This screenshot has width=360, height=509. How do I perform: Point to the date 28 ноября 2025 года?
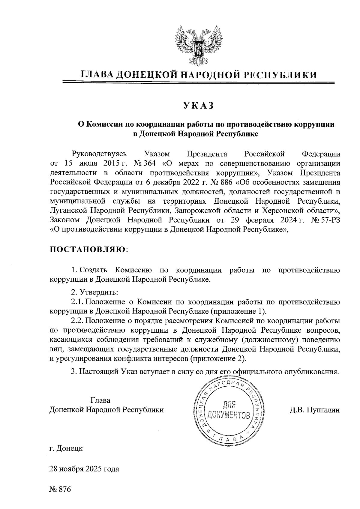pyautogui.click(x=84, y=469)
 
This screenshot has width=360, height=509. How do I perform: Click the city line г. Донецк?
pyautogui.click(x=66, y=449)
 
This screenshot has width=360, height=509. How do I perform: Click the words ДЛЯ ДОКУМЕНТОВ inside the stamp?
pyautogui.click(x=228, y=411)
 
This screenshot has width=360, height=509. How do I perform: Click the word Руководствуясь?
pyautogui.click(x=99, y=154)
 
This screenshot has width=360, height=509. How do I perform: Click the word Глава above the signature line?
pyautogui.click(x=100, y=400)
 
